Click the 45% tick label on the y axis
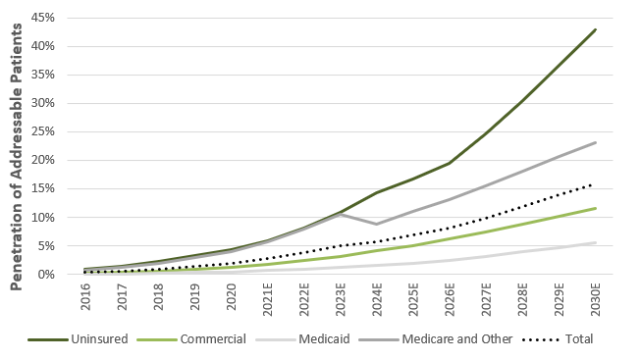[x=42, y=18]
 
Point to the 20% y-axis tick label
[x=42, y=160]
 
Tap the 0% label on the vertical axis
[x=46, y=275]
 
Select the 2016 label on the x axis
[x=85, y=296]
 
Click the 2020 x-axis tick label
[x=231, y=296]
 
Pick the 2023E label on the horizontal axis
[x=341, y=299]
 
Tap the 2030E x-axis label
[x=596, y=299]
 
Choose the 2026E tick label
[x=450, y=299]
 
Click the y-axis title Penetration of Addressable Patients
[x=16, y=157]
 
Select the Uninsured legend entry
[x=78, y=339]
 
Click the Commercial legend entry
[x=191, y=339]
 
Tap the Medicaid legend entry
[x=302, y=339]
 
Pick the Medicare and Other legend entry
[x=435, y=339]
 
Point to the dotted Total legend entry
[x=558, y=339]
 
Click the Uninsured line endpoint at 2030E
[x=596, y=29]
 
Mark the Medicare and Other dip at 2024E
[x=377, y=225]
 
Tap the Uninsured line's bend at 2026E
[x=450, y=163]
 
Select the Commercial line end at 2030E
[x=596, y=208]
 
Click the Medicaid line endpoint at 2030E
[x=596, y=242]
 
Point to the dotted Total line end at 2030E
[x=591, y=185]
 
